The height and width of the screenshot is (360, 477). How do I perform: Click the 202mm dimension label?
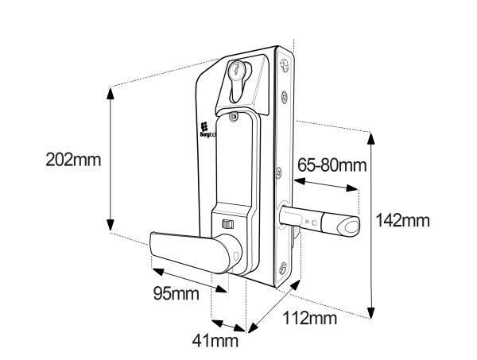pos(73,159)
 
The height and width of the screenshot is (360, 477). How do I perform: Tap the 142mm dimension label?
pos(403,220)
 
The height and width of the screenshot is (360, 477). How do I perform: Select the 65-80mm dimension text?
pos(332,165)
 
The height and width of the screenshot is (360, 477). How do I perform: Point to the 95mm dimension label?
pos(176,294)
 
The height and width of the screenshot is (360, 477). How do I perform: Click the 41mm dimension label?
pos(215,341)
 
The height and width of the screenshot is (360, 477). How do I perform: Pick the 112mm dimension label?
pos(310,318)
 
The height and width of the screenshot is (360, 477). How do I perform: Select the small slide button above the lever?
pos(228,224)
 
